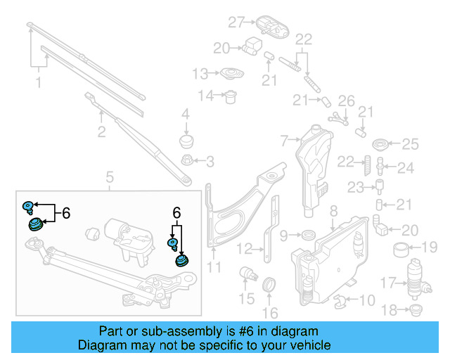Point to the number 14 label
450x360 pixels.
[205, 96]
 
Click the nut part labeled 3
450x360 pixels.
[186, 162]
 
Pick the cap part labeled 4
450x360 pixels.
[186, 141]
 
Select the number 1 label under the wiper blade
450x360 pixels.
[38, 83]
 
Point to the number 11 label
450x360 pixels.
[214, 266]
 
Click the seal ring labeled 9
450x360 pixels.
[308, 234]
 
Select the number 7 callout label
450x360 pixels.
[284, 141]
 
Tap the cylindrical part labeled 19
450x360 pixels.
[402, 248]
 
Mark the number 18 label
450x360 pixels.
[390, 309]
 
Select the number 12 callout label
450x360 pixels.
[243, 248]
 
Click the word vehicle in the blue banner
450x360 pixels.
[312, 345]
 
